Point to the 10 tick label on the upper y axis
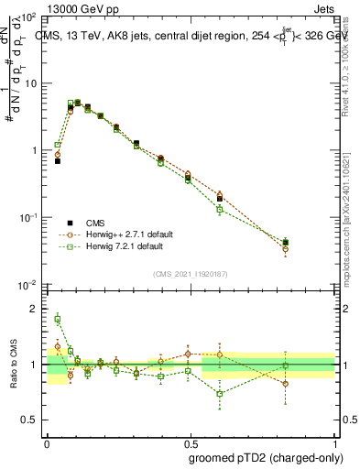(29, 83)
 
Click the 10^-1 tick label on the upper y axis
(27, 218)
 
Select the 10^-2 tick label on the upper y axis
(27, 285)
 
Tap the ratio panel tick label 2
(35, 309)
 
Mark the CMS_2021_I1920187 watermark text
(190, 274)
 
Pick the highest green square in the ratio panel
(58, 320)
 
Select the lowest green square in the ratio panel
(220, 394)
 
